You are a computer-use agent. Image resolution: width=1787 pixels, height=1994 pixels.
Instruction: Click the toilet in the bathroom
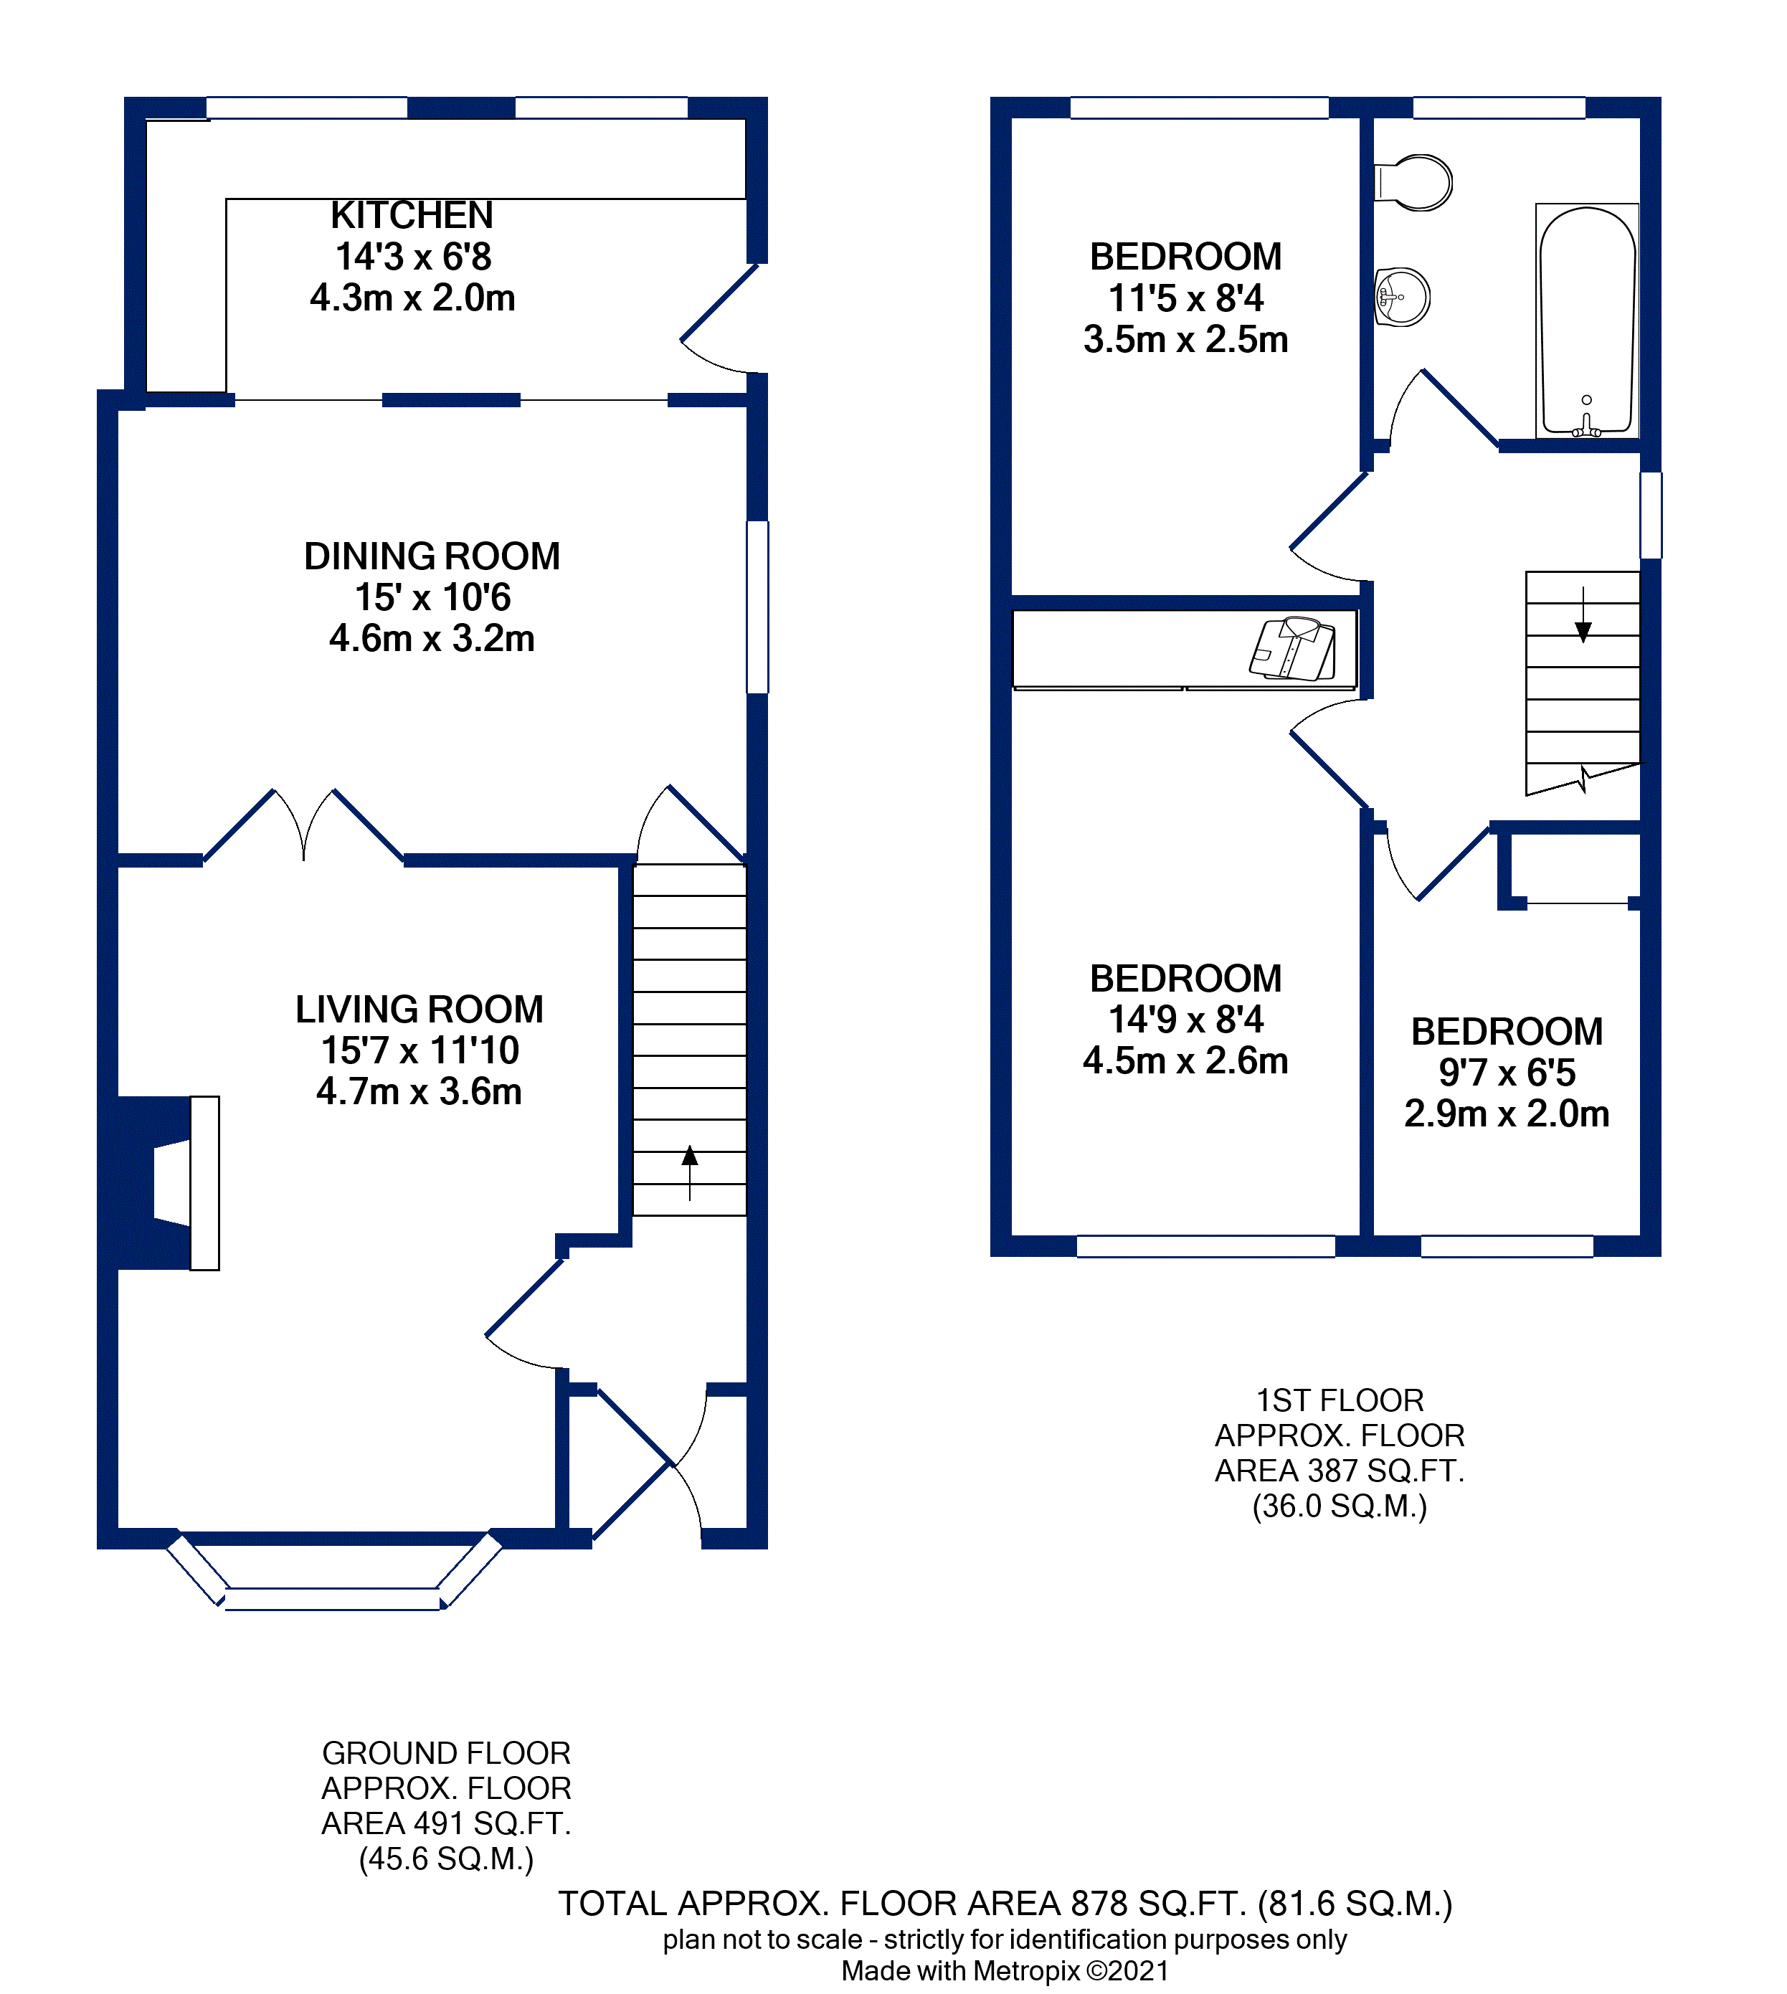1415,183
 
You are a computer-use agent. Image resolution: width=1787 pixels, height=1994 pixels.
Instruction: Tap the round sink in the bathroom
1402,297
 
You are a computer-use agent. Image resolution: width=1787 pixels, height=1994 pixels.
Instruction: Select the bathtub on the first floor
1585,320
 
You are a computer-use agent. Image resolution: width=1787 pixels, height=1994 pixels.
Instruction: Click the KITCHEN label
412,215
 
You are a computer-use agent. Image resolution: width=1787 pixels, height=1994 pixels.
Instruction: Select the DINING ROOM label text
432,556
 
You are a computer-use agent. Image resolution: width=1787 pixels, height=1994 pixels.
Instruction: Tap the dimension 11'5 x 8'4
1185,298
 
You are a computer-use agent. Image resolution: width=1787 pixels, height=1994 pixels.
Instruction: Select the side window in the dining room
757,607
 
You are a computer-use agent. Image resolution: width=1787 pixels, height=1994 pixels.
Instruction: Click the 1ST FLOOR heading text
1340,1400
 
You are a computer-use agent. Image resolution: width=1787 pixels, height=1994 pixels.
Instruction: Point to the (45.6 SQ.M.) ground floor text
446,1858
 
